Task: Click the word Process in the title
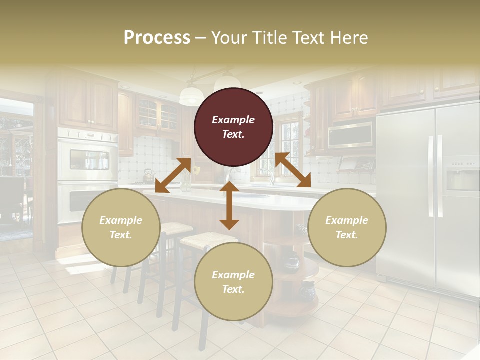pyautogui.click(x=157, y=38)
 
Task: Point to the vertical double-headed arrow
pyautogui.click(x=229, y=205)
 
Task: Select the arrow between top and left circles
pyautogui.click(x=173, y=175)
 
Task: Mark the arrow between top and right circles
pyautogui.click(x=293, y=170)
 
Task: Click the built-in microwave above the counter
pyautogui.click(x=350, y=134)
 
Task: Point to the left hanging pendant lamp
pyautogui.click(x=191, y=95)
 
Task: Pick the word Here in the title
pyautogui.click(x=349, y=38)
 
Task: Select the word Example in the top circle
pyautogui.click(x=233, y=120)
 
